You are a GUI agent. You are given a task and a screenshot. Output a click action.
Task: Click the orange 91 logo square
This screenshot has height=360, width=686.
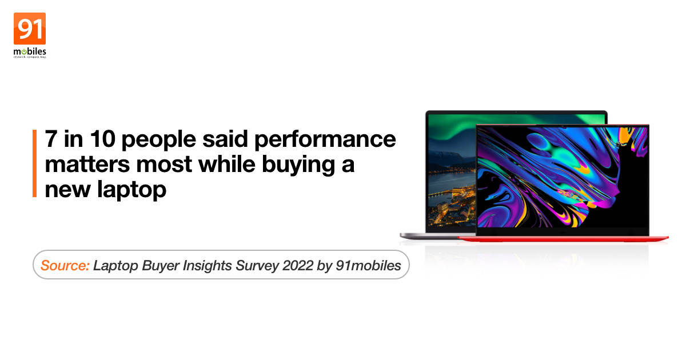30,29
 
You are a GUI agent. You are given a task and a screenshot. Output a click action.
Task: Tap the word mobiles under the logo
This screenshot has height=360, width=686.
30,51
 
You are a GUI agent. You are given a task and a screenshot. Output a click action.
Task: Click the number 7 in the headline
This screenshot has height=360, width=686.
51,139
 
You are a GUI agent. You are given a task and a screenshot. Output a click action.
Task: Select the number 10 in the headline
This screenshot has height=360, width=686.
102,139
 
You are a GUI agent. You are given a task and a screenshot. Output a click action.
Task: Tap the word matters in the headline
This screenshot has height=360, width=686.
87,165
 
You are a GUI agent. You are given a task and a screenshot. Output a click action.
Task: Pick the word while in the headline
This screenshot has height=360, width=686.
226,164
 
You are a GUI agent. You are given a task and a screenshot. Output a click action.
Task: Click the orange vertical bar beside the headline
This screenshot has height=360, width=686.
35,163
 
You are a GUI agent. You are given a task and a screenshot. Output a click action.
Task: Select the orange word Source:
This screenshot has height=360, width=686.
65,265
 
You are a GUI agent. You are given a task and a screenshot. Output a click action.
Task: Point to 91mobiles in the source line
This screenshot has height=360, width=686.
368,265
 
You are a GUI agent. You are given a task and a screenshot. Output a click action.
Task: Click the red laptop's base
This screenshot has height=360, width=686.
564,239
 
